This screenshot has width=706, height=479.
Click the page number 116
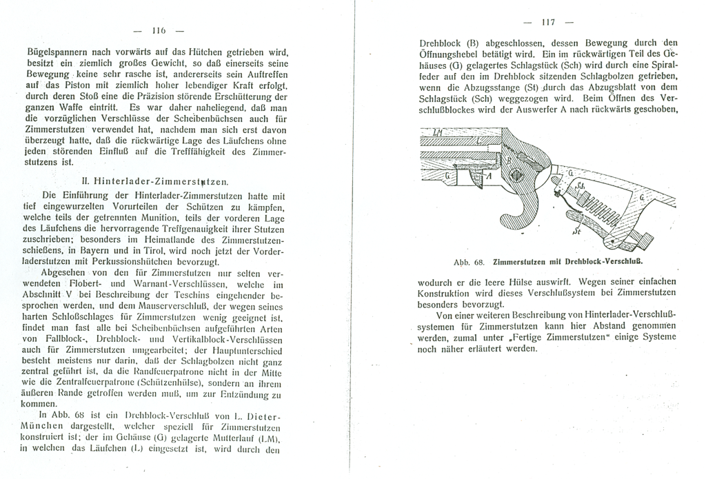tap(159, 32)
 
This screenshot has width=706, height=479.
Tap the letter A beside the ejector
tap(488, 176)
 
